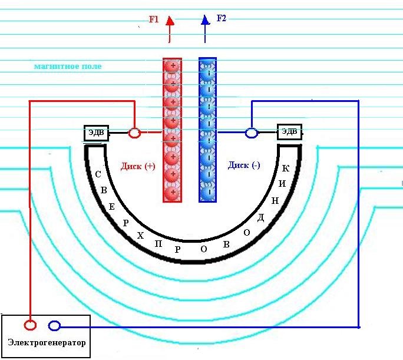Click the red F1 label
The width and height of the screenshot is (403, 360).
pos(154,19)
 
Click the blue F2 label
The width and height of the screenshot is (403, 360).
pos(222,18)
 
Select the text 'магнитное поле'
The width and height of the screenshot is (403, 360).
pos(68,67)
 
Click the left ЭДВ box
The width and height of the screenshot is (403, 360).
pos(97,133)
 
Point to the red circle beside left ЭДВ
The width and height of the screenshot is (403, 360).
pos(134,133)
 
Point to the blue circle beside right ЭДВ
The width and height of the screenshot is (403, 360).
pos(251,133)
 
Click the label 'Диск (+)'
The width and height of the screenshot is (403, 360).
pos(138,166)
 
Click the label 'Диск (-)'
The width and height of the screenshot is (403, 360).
pos(244,166)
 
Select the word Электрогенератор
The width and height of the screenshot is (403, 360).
pos(47,342)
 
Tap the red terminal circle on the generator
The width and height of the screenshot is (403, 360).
pos(29,325)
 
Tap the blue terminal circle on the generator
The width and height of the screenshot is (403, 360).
pos(54,325)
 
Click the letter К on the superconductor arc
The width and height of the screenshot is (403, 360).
pos(286,169)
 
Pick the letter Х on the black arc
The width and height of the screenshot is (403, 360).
pos(140,235)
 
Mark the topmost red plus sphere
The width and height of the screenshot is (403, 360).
pos(172,66)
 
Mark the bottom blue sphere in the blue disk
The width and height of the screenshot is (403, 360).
pos(207,192)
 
